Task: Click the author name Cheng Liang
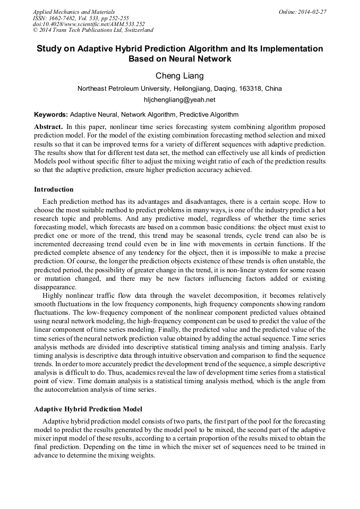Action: (179, 76)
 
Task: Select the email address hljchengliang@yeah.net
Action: (179, 99)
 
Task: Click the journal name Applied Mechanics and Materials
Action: (73, 11)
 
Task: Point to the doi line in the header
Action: (88, 24)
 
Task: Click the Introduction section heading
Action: (54, 189)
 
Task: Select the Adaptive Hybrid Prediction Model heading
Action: (88, 409)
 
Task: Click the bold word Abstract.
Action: (49, 127)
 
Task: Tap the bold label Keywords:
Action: (51, 114)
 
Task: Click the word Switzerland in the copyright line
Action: (135, 30)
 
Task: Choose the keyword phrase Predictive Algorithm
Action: (209, 114)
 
